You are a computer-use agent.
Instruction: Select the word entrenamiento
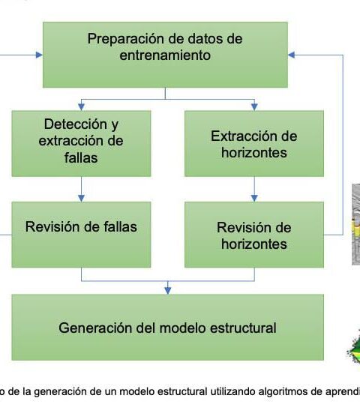[x=165, y=55]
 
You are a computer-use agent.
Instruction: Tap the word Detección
[x=76, y=124]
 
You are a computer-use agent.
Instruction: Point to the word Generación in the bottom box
[x=95, y=328]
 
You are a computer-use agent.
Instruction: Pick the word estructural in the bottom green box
[x=243, y=328]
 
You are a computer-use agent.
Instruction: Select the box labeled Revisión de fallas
[x=81, y=235]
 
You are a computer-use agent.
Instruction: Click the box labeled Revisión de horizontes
[x=254, y=235]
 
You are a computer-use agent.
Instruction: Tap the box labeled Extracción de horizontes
[x=254, y=143]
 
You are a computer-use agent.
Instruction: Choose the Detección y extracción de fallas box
[x=81, y=143]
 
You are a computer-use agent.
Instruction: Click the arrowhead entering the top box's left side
[x=39, y=55]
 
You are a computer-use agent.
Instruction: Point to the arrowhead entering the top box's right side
[x=292, y=55]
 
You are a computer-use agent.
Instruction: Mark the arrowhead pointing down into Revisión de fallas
[x=81, y=198]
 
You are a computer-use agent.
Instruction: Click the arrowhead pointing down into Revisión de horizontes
[x=254, y=198]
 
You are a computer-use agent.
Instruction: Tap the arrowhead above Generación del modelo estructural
[x=168, y=291]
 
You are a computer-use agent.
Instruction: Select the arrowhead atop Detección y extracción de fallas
[x=81, y=106]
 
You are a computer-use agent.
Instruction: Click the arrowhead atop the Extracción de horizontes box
[x=254, y=106]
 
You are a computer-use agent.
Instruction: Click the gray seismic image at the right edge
[x=356, y=224]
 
